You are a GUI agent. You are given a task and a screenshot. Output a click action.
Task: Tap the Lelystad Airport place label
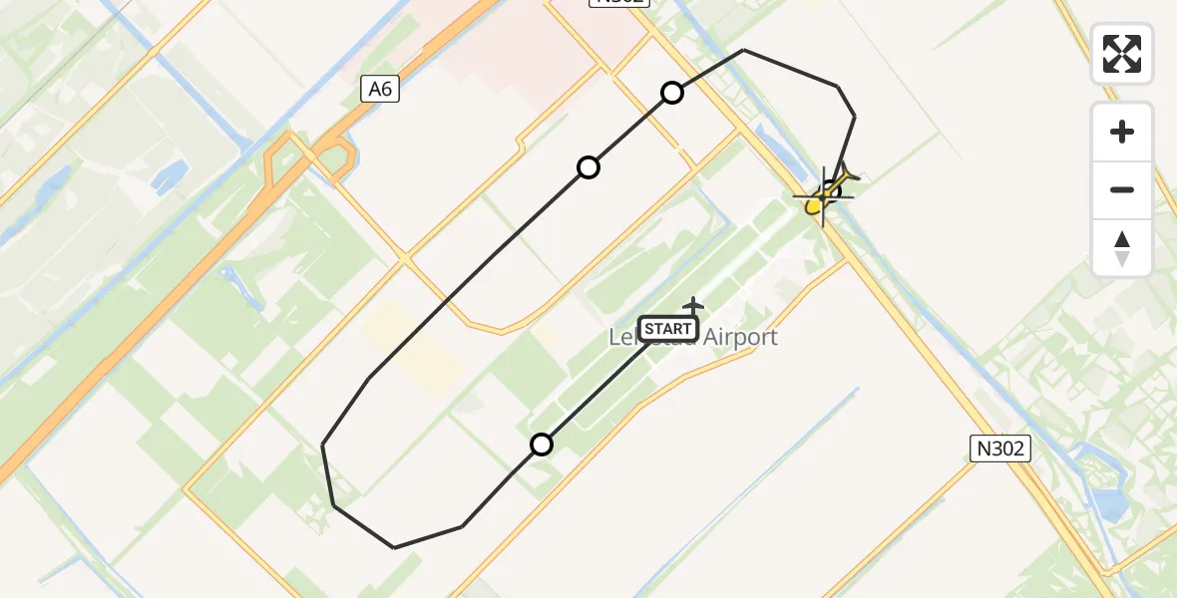point(693,338)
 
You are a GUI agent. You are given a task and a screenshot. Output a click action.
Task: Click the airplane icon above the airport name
point(693,305)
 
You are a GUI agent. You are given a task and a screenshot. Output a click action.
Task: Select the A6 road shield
point(380,90)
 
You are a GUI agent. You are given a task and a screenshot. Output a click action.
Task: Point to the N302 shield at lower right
point(1000,448)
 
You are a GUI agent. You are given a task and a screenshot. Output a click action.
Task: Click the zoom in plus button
point(1122,132)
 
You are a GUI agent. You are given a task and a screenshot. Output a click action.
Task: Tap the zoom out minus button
point(1122,189)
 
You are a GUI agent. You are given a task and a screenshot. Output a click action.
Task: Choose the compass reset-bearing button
point(1122,248)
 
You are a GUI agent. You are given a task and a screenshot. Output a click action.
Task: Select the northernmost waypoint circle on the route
point(672,93)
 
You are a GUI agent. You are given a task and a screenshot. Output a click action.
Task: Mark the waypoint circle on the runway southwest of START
point(542,445)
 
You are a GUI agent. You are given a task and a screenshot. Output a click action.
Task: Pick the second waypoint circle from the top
point(588,167)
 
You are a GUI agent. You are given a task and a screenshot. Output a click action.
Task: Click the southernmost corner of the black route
point(395,547)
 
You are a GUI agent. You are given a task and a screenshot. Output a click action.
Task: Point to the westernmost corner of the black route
point(323,445)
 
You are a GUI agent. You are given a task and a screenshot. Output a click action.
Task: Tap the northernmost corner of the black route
point(744,50)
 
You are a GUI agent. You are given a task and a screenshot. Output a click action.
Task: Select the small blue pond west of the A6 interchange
point(170,175)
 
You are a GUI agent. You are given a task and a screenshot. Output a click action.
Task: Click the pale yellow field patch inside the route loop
point(409,344)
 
